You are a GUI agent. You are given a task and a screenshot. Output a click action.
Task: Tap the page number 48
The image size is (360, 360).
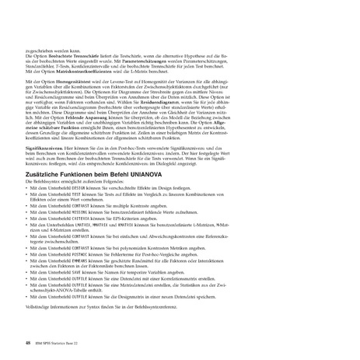[x=29, y=341]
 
